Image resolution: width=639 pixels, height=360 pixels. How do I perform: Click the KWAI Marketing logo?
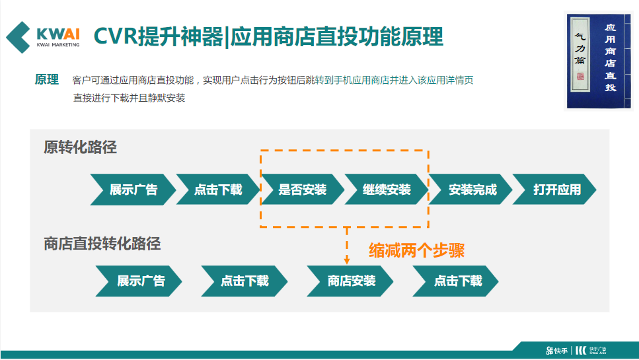[43, 36]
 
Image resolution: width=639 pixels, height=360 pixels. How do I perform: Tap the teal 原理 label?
[47, 80]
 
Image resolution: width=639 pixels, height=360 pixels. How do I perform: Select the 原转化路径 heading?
[80, 147]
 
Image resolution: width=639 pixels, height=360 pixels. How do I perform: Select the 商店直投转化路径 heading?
[102, 244]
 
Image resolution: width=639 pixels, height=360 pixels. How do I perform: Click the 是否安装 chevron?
[302, 190]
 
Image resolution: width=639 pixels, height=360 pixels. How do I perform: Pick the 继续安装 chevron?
[387, 190]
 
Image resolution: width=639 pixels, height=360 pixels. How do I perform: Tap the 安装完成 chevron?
[471, 190]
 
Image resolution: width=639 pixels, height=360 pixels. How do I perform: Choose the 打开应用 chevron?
[556, 190]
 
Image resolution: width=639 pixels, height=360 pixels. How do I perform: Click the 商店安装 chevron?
[351, 281]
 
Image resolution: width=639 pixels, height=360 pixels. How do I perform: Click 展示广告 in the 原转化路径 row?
[133, 190]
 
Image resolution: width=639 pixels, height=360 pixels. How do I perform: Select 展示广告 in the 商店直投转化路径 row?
[139, 281]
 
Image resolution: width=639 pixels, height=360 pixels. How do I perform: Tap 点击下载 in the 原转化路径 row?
[217, 190]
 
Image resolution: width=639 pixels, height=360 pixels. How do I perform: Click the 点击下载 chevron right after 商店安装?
[457, 281]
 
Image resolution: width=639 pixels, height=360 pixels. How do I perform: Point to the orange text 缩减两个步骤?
[416, 250]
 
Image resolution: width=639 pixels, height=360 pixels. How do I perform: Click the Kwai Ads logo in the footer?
[591, 350]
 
